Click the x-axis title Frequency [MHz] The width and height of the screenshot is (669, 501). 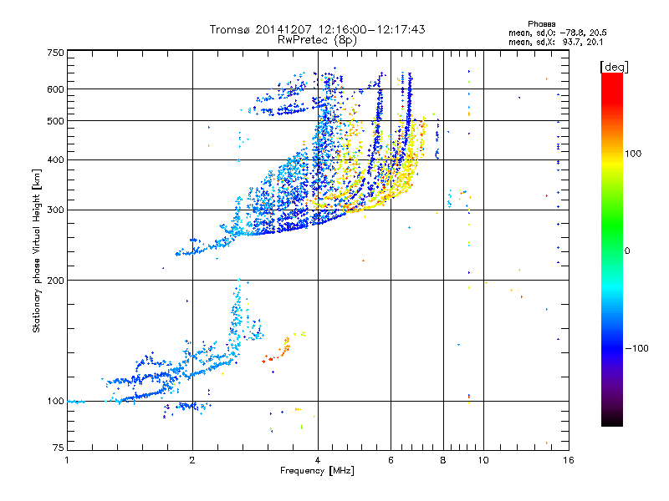point(317,471)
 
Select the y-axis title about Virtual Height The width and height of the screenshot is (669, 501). point(37,251)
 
